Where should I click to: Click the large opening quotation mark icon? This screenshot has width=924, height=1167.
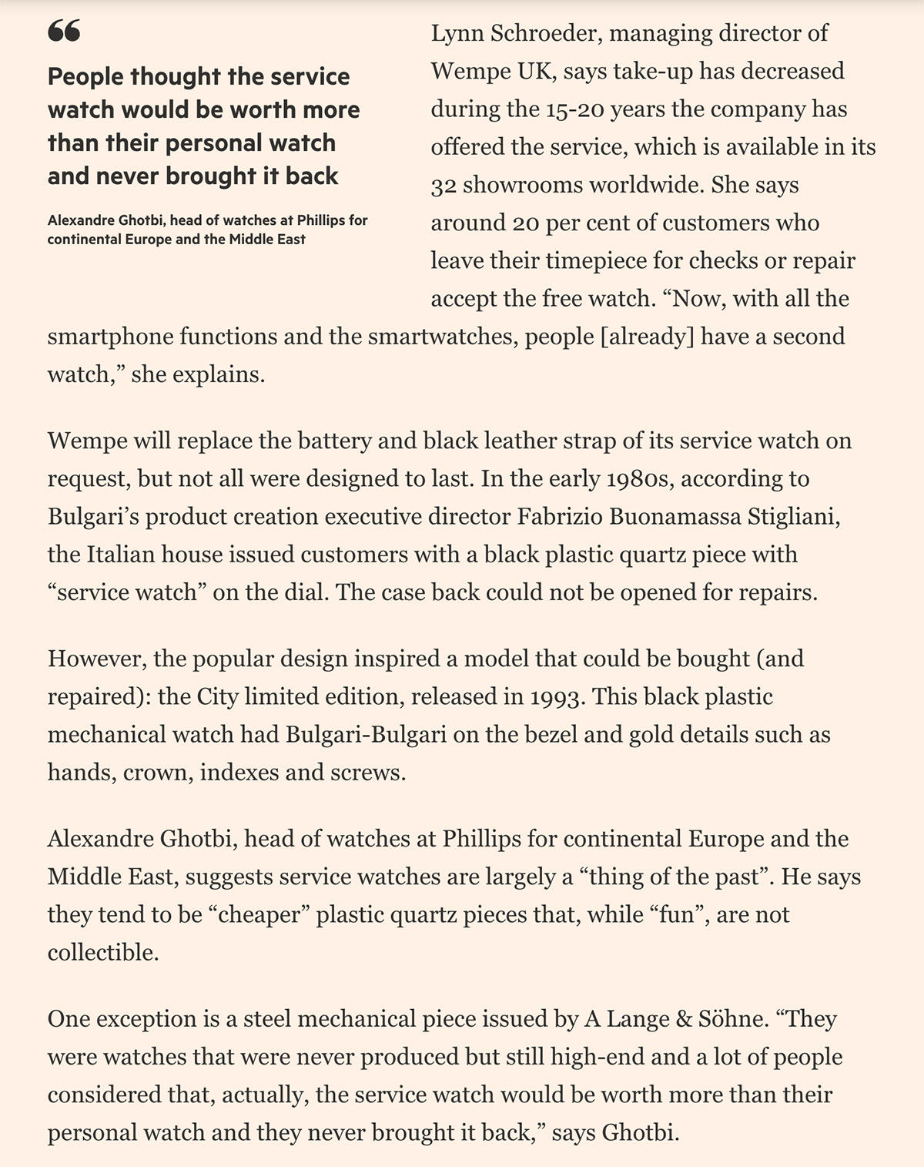pos(63,32)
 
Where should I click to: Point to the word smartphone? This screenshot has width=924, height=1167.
pos(109,337)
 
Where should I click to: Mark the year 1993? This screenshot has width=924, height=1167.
pos(555,696)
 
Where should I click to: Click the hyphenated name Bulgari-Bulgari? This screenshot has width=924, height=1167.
pos(366,734)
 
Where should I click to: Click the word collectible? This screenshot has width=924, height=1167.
pos(103,952)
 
